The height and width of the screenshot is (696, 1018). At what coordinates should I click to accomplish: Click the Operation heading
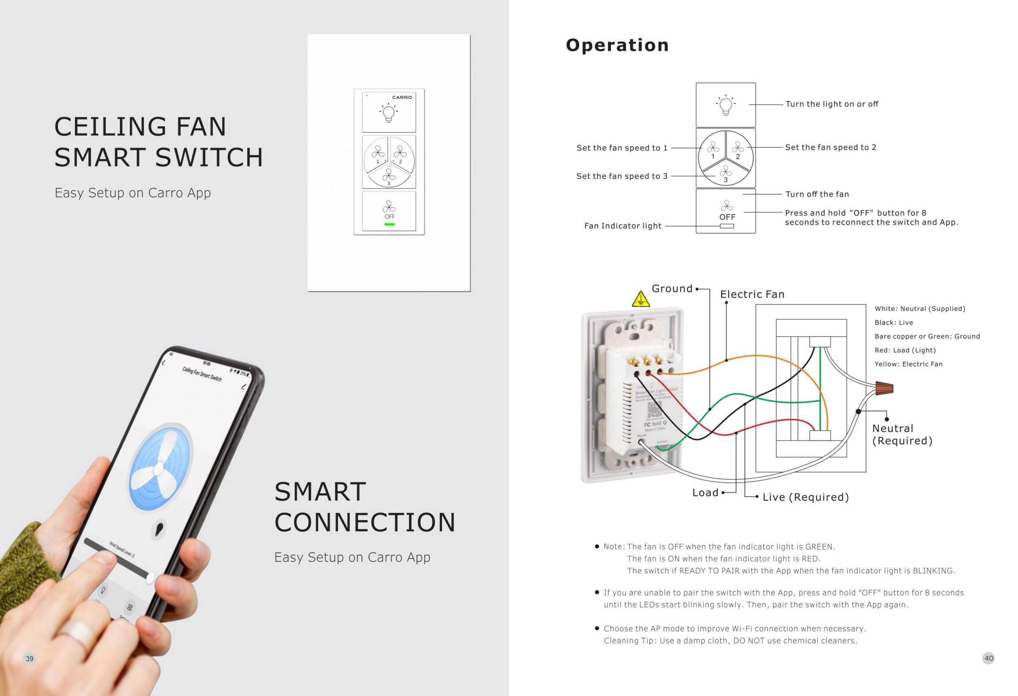point(617,45)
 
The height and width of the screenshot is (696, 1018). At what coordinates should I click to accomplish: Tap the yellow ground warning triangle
point(641,299)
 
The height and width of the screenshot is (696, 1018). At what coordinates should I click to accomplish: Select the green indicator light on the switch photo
point(389,224)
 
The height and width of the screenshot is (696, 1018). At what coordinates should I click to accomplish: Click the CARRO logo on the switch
point(402,97)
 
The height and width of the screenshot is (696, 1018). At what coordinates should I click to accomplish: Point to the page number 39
point(30,658)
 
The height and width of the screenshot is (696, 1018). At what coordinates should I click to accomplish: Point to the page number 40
point(988,658)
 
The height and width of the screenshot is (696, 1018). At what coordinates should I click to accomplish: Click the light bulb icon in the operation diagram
point(726,105)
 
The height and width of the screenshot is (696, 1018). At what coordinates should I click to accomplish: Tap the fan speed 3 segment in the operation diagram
point(725,174)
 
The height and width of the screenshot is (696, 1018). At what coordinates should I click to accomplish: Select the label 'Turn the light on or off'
point(831,104)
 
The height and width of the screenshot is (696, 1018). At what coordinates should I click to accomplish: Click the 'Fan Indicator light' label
point(623,226)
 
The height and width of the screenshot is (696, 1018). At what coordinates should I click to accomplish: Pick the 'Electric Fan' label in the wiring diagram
point(752,294)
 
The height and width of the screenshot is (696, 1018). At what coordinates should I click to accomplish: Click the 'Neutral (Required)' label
point(902,434)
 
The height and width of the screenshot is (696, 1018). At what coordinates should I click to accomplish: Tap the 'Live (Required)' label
point(805,497)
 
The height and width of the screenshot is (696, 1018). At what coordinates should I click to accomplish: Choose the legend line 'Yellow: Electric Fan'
point(908,364)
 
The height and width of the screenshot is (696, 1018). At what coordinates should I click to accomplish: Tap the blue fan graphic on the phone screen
point(160,467)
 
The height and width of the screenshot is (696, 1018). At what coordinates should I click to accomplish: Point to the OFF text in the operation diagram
point(727,217)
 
